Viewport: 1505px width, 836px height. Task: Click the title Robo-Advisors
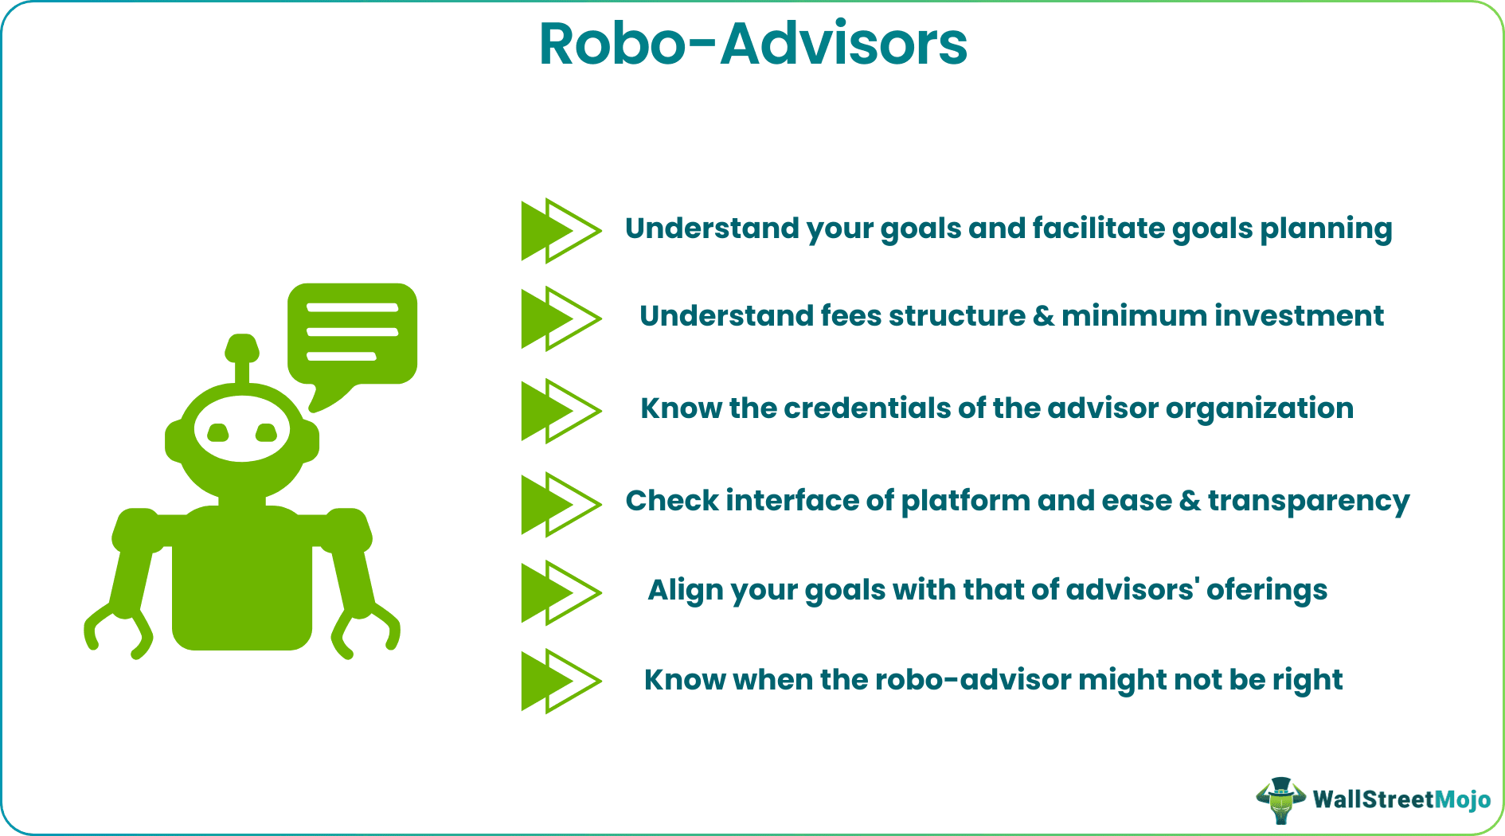752,45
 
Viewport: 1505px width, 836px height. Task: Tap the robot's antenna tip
242,348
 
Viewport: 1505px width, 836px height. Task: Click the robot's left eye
217,433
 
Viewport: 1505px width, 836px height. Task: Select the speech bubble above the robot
352,334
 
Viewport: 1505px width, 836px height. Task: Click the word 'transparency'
1308,502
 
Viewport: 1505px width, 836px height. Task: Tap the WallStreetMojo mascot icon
1280,799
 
